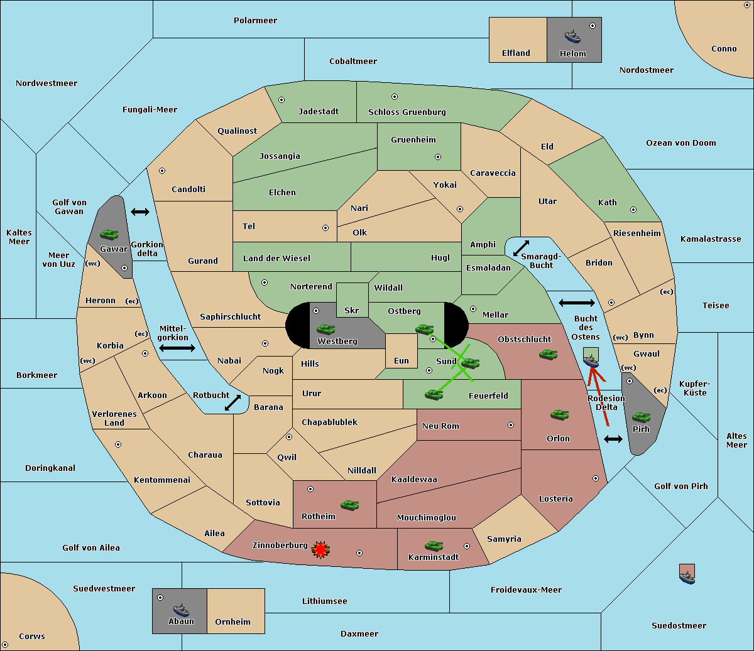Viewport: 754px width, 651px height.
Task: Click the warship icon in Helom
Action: [572, 36]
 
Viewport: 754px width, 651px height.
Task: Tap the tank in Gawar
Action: [109, 234]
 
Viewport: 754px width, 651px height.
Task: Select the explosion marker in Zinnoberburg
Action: [320, 550]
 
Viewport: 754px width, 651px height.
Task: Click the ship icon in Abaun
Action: [181, 610]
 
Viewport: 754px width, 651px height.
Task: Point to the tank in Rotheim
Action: [350, 505]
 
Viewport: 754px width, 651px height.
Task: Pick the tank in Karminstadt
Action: [434, 546]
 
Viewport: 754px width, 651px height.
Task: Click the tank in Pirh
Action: [642, 417]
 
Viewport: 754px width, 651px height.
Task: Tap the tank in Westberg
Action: [325, 329]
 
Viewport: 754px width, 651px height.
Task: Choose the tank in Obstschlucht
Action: [549, 354]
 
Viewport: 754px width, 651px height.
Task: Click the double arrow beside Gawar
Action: [140, 212]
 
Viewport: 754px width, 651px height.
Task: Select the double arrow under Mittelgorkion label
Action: [177, 348]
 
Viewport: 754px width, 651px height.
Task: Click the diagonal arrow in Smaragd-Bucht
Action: [521, 248]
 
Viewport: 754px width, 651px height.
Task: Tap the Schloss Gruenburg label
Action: [407, 112]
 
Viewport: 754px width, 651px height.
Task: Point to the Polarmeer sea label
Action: [255, 21]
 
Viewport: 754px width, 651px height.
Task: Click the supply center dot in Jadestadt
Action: [281, 100]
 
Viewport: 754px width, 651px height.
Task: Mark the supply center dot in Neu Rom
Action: [511, 425]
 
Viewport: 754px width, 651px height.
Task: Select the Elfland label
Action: [516, 53]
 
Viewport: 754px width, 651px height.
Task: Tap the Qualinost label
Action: [237, 131]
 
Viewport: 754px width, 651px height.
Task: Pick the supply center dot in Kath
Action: [633, 210]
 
